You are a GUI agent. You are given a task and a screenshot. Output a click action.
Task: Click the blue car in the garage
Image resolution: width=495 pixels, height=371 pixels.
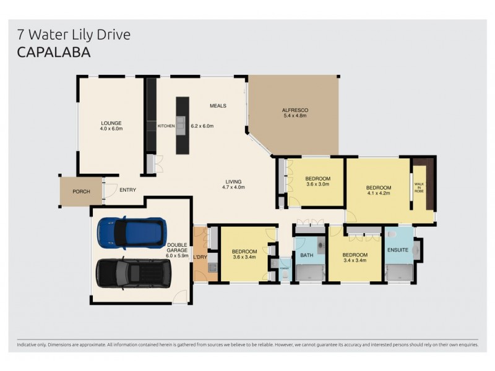point(132,232)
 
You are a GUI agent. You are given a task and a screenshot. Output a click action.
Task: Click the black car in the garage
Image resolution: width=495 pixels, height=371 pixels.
point(134,272)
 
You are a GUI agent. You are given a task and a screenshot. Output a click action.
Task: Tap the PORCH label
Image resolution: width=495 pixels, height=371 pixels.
point(81,192)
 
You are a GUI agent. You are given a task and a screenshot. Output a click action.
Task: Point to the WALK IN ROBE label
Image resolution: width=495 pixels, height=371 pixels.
point(419,188)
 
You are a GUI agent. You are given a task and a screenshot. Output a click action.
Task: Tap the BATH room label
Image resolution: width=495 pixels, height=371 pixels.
point(307,255)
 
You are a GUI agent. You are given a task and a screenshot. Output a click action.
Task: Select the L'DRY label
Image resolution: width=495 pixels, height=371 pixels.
point(200,256)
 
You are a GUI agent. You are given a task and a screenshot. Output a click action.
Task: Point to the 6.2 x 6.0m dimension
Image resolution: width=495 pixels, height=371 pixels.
point(202,126)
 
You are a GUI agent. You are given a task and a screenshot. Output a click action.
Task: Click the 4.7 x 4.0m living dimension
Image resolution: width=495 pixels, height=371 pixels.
point(235,187)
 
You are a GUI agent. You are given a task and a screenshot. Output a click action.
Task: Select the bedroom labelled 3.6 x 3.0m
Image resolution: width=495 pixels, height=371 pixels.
point(318,184)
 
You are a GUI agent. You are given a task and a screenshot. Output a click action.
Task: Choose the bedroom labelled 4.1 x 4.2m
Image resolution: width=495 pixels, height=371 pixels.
point(378,191)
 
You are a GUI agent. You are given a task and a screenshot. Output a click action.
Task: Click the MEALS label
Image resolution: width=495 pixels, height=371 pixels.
point(218,106)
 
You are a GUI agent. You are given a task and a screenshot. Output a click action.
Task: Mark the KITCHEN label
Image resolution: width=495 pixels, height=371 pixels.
point(166,126)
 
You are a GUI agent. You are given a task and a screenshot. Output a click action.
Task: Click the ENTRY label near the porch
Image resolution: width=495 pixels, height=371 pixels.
point(128,190)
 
